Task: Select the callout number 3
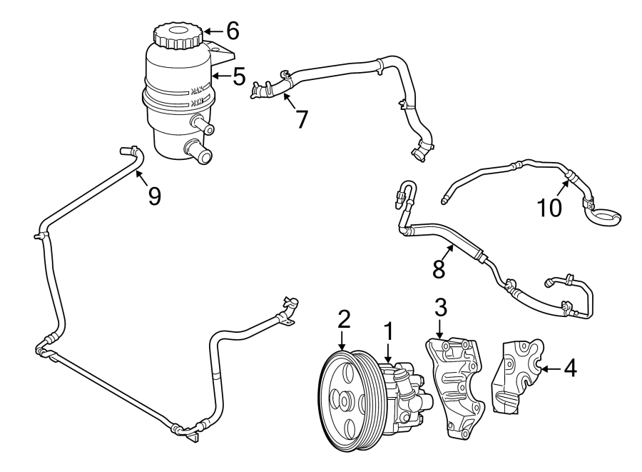[x=441, y=308]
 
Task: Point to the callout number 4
[x=569, y=368]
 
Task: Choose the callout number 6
[x=231, y=31]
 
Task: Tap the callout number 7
[x=302, y=119]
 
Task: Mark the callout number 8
[x=439, y=268]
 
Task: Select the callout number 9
[x=154, y=195]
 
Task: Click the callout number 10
[x=550, y=206]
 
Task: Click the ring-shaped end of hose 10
[x=604, y=214]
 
